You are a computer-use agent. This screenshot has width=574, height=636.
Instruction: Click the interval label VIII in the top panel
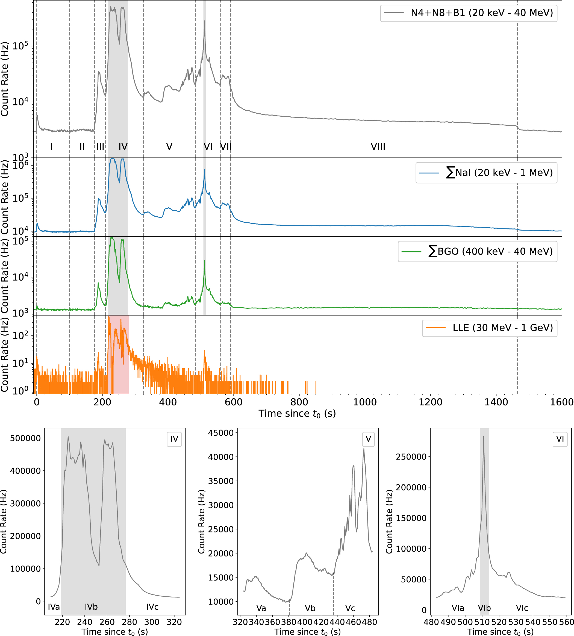pos(378,147)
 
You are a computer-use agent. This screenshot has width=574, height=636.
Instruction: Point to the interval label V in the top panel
pos(169,147)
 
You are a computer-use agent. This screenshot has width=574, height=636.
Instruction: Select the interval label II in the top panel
pos(82,147)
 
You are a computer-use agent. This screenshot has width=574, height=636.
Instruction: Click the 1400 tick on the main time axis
pos(496,402)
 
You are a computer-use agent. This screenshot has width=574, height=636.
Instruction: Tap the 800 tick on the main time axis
pos(299,402)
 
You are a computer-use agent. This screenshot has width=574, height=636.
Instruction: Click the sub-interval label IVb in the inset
pos(91,607)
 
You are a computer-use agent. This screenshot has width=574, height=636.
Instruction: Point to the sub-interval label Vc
pos(350,608)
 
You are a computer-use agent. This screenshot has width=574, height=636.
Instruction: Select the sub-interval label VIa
pos(458,608)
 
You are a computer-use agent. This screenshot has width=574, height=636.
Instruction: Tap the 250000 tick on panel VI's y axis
pos(411,457)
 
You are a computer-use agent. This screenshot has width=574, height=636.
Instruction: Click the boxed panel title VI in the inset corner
pos(560,439)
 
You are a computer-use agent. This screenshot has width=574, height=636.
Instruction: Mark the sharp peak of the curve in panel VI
pos(484,437)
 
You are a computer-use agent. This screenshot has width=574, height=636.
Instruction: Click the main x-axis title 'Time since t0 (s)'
pos(297,413)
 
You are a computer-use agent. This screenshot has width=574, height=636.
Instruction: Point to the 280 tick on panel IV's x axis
pos(129,622)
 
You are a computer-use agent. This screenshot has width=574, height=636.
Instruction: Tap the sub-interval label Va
pos(261,608)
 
